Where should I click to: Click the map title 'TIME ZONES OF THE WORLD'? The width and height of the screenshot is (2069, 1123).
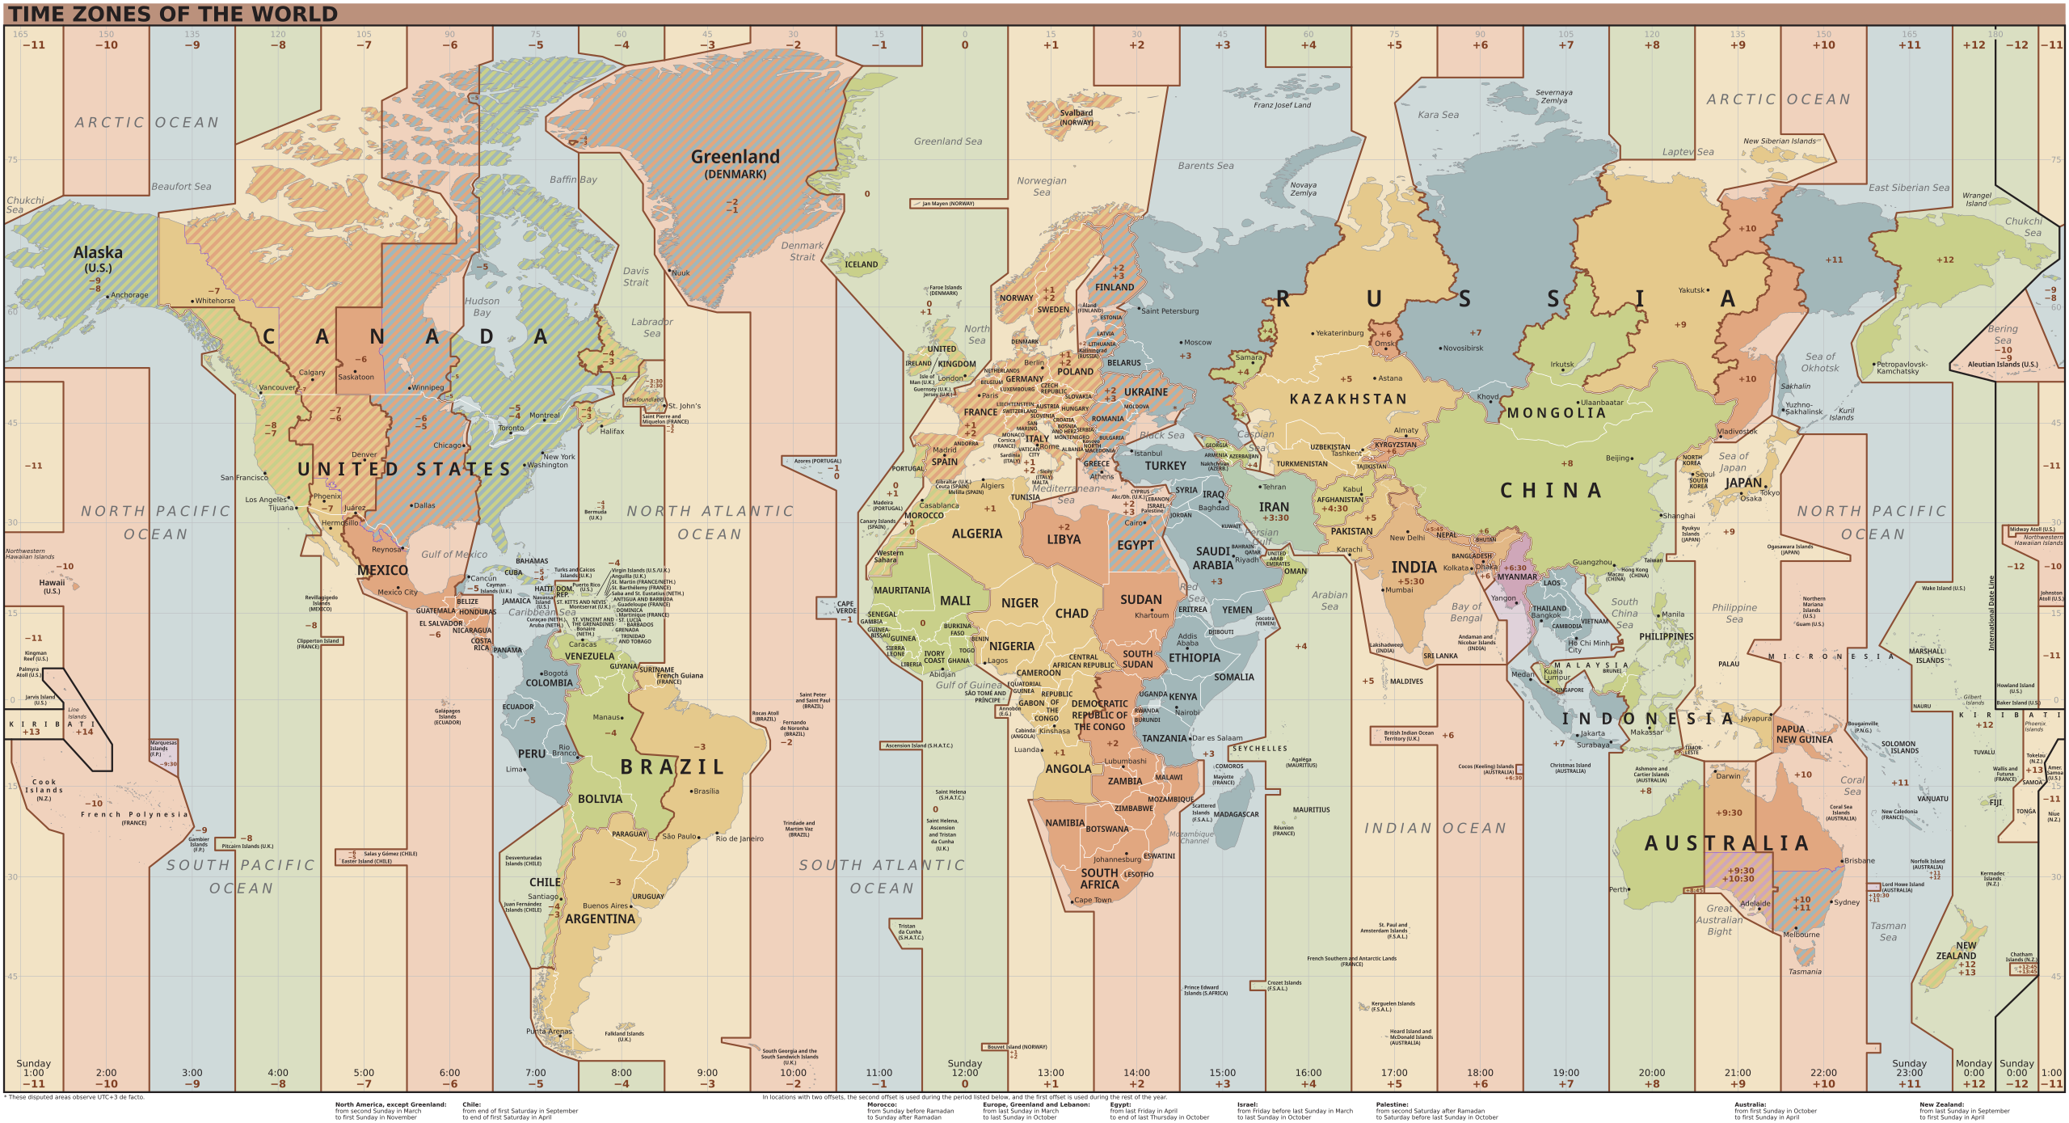[x=173, y=14]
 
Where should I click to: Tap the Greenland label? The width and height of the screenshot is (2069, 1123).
[x=735, y=157]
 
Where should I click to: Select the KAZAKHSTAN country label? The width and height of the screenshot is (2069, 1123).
[x=1347, y=399]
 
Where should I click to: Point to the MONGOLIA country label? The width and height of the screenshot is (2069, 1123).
[x=1556, y=413]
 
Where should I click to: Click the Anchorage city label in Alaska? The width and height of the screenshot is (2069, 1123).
[x=129, y=295]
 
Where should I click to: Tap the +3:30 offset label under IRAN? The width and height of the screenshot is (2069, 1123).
[x=1275, y=517]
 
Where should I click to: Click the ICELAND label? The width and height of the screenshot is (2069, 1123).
[x=861, y=264]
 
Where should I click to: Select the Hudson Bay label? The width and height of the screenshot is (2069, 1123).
[x=482, y=306]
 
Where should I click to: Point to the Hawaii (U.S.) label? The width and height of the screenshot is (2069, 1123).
[x=52, y=585]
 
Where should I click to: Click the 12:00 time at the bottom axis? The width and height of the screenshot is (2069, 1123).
[x=964, y=1073]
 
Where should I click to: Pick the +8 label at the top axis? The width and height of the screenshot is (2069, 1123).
[x=1651, y=45]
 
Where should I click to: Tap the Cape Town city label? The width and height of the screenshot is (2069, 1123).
[x=1093, y=900]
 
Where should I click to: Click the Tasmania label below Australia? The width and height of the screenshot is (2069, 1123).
[x=1805, y=972]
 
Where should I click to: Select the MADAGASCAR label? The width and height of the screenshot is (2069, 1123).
[x=1236, y=814]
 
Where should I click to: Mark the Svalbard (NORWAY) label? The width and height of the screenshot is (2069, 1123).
[x=1076, y=117]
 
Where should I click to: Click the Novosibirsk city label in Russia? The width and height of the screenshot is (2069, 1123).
[x=1463, y=348]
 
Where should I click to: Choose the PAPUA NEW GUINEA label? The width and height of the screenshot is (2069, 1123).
[x=1804, y=734]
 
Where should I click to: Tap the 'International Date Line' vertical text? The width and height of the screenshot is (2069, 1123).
[x=1991, y=613]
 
